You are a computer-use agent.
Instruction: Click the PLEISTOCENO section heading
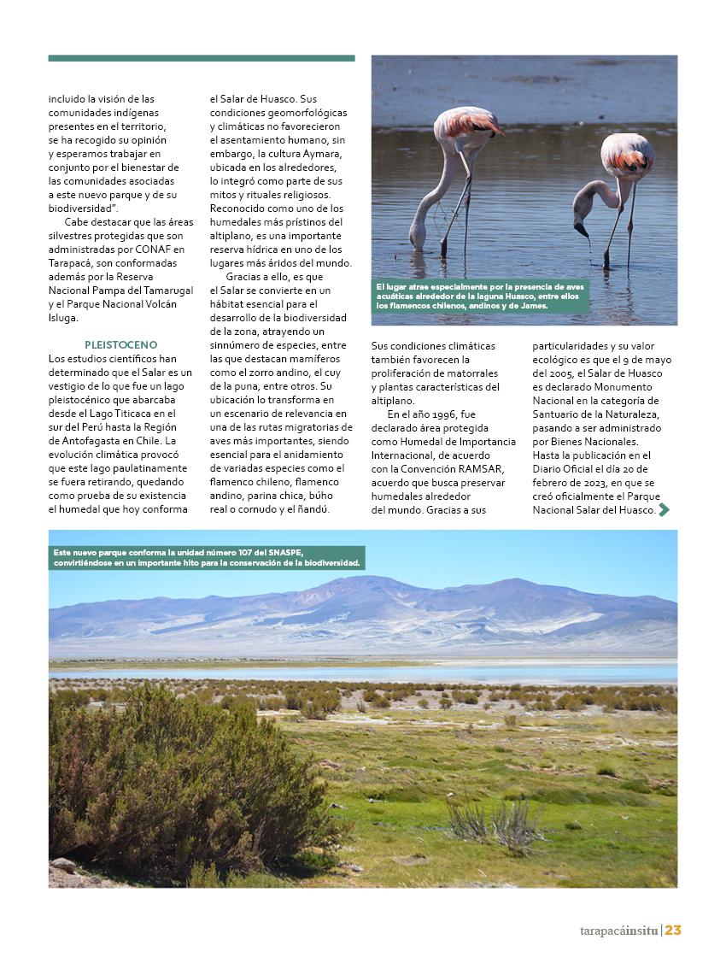(x=120, y=344)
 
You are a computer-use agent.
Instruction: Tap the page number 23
(x=673, y=931)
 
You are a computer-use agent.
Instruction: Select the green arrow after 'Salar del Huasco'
(x=664, y=510)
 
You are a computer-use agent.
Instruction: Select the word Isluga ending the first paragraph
(x=64, y=318)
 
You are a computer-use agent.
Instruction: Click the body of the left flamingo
(x=466, y=129)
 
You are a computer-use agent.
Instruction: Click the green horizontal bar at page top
(x=202, y=58)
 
